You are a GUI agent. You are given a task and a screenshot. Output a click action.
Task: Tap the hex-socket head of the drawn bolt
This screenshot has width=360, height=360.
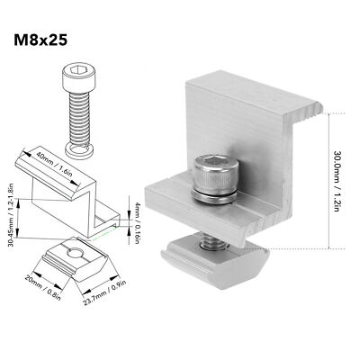coord(76,75)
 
